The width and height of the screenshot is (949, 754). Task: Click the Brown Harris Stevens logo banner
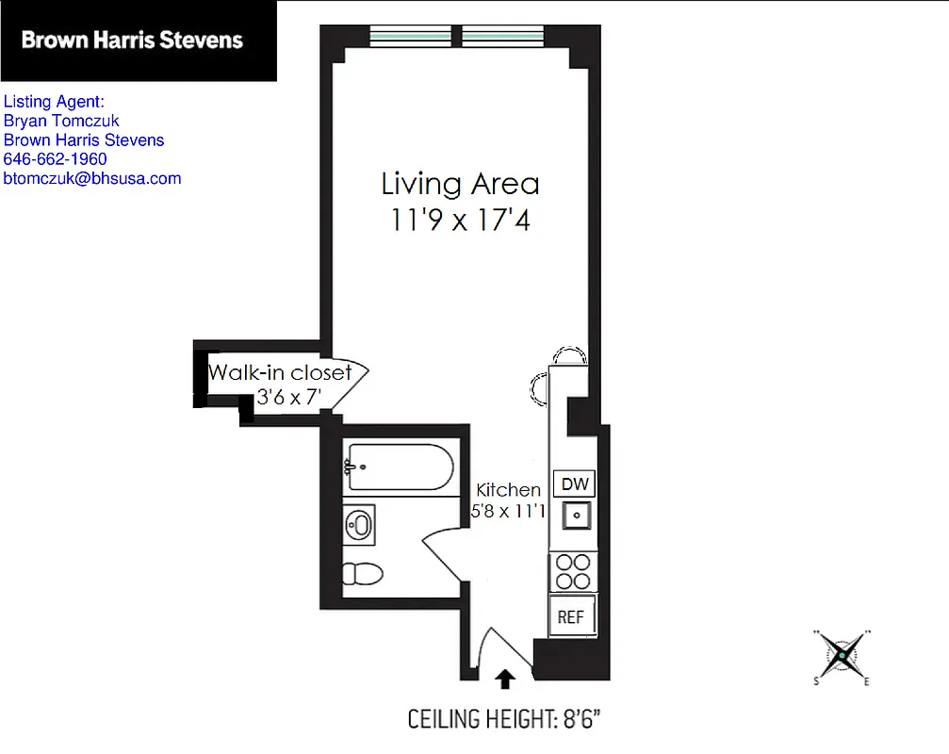coord(138,41)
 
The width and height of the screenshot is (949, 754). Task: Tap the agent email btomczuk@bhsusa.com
coord(92,178)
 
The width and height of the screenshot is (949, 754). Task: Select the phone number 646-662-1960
coord(56,159)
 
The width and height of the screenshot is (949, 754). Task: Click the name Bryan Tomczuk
coord(62,121)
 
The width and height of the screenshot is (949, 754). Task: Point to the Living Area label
coord(460,183)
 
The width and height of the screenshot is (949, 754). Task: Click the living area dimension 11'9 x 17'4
coord(460,221)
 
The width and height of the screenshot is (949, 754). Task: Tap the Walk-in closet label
coord(280,372)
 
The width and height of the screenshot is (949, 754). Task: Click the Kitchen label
coord(509,490)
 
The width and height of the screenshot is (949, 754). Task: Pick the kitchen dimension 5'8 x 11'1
coord(510,512)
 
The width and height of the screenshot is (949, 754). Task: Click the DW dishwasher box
coord(574,484)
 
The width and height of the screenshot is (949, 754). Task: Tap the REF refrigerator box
coord(571,617)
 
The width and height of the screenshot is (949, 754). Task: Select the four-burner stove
coord(571,571)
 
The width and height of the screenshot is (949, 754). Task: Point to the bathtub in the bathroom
coord(397,467)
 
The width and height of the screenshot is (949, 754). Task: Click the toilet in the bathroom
coord(362,573)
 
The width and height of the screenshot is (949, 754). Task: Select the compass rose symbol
coord(841,655)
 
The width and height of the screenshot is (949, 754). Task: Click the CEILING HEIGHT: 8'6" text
coord(504,720)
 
